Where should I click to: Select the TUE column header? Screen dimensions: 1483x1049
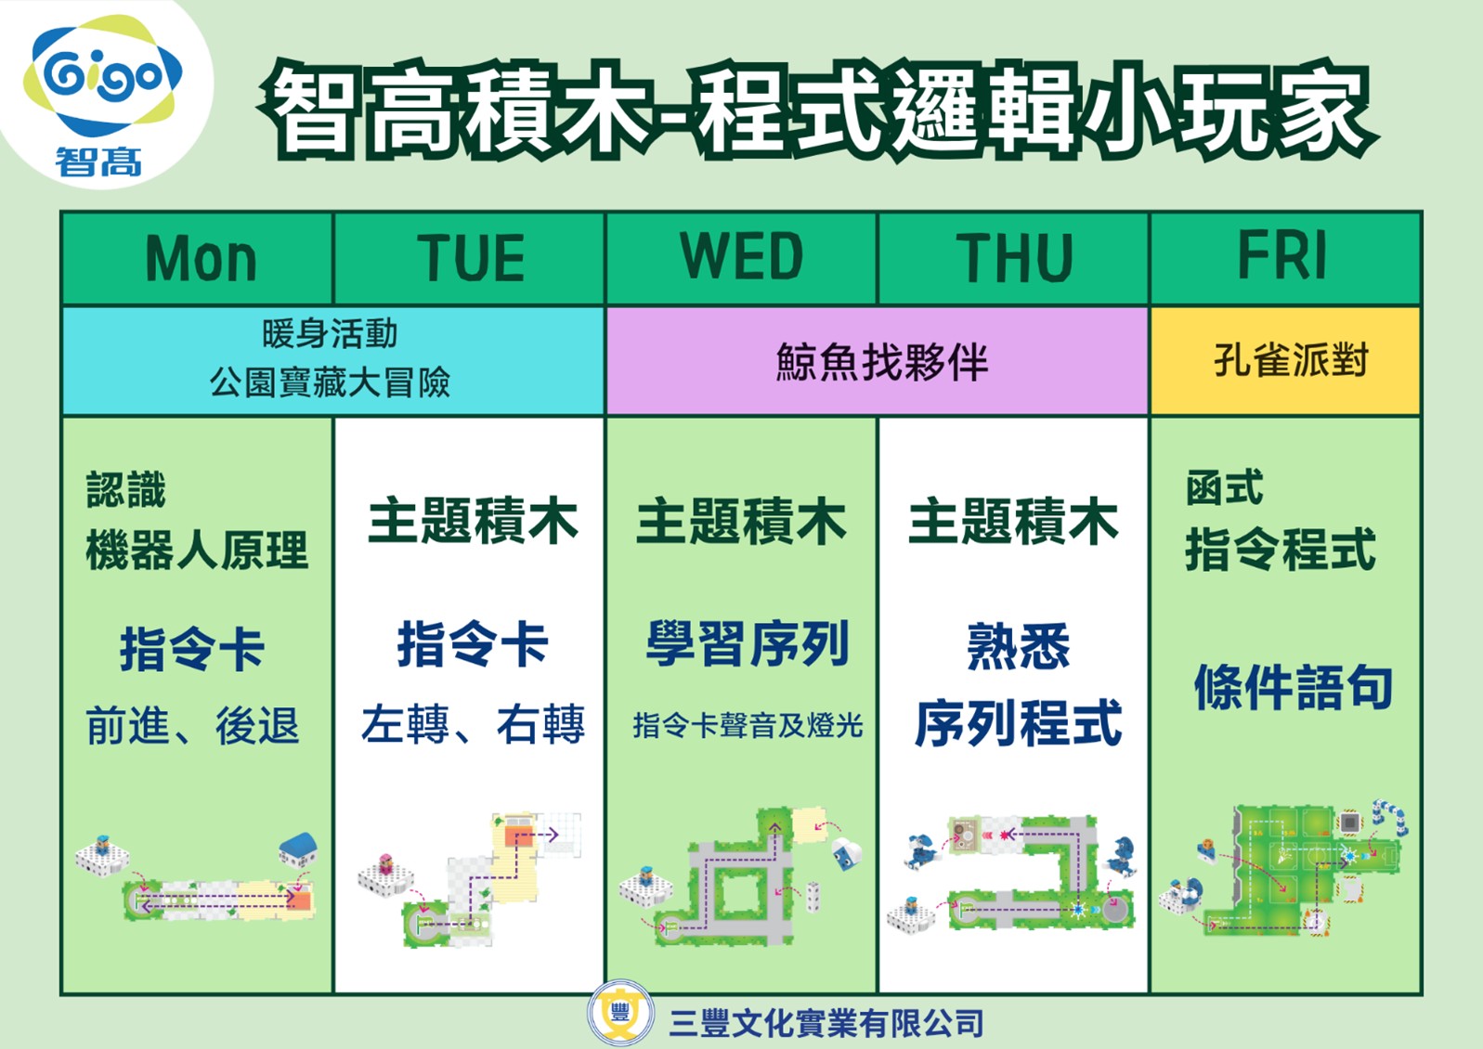[470, 258]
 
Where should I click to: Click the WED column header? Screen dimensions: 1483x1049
[741, 258]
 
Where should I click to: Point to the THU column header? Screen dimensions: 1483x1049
[1014, 258]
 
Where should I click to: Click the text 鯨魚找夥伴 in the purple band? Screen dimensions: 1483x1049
[881, 362]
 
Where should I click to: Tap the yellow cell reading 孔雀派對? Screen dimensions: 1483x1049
[1285, 361]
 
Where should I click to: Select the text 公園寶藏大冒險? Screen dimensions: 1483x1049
[330, 382]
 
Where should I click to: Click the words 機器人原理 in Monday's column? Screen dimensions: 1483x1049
[197, 550]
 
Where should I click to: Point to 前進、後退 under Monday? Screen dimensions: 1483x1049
[192, 725]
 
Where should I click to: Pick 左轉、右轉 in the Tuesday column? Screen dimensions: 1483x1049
[473, 723]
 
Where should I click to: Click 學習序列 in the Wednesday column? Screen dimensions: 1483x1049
[748, 643]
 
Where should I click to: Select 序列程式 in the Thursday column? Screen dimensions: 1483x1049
[1019, 723]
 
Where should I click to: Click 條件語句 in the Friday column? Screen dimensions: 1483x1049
[1293, 687]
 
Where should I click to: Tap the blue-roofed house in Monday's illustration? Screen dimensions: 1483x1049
[298, 849]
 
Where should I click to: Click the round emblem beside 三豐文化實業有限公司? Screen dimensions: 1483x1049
[620, 1013]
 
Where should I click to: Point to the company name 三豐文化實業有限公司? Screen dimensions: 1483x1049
[826, 1023]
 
